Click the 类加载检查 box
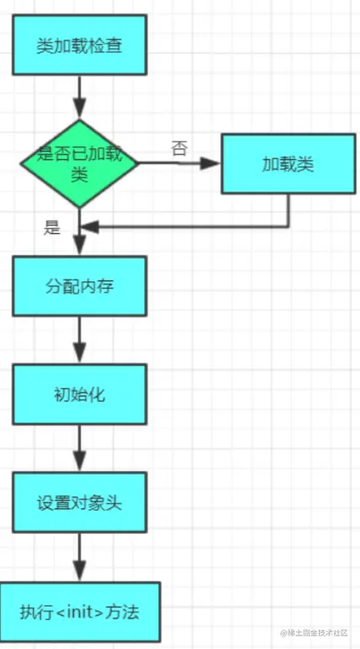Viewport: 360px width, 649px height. [80, 45]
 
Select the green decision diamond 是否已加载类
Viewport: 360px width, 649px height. [79, 162]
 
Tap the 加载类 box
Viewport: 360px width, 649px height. [288, 164]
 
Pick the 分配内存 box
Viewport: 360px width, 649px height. [80, 286]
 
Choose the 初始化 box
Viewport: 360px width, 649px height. [80, 395]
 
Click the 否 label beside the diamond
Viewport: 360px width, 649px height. [179, 148]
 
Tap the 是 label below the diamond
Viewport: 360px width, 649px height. [53, 226]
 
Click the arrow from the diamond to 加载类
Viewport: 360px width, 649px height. [178, 163]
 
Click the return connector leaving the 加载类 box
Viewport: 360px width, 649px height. [288, 212]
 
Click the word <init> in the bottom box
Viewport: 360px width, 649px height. [83, 613]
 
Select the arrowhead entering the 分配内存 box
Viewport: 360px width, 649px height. [80, 246]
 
